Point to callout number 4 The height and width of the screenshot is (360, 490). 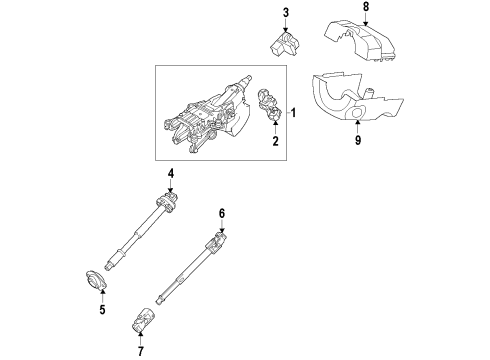click(x=171, y=174)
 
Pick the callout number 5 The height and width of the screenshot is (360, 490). click(x=101, y=310)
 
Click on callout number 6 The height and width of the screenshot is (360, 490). click(x=223, y=213)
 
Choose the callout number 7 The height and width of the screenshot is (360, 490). click(x=140, y=352)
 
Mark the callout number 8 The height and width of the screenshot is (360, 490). click(x=365, y=7)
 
